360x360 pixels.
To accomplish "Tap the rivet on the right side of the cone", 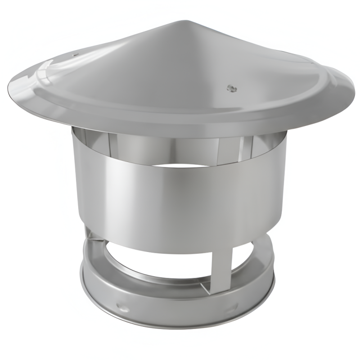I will pyautogui.click(x=231, y=88).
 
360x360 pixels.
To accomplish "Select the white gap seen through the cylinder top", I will pyautogui.click(x=180, y=166).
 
